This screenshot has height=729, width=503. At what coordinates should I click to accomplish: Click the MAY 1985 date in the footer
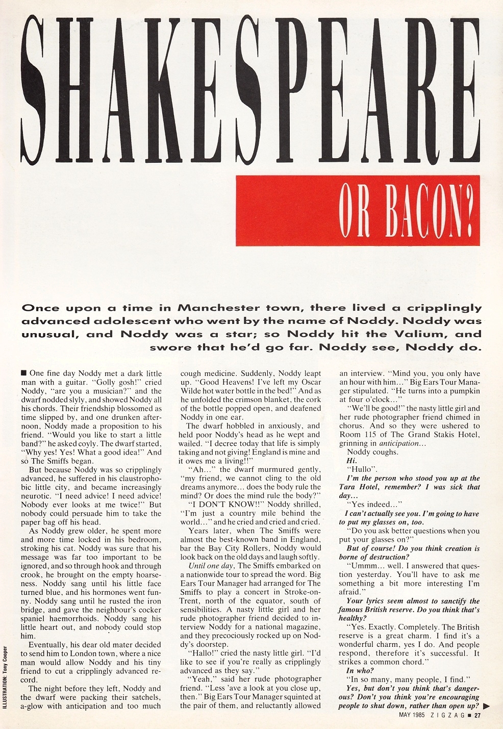(x=413, y=715)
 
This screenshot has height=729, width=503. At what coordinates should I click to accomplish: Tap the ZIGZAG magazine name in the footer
(x=449, y=715)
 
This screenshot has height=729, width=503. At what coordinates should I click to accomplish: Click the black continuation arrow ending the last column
(x=486, y=706)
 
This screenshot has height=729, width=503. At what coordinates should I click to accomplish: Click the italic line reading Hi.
(x=351, y=461)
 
